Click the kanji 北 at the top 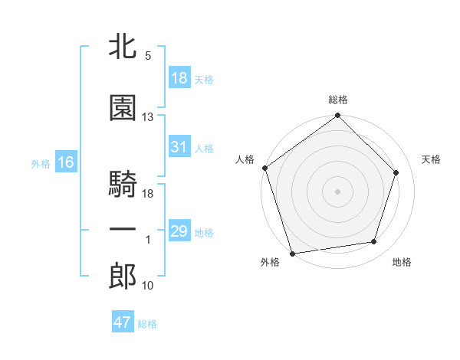coord(123,47)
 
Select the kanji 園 coord(123,108)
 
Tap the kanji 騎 coord(123,185)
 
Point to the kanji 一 coord(123,229)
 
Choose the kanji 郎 coord(123,277)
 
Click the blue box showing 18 coord(179,78)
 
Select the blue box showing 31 coord(179,147)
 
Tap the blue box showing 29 coord(179,231)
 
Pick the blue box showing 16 coord(65,162)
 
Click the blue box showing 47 coord(122,322)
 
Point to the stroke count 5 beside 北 coord(147,56)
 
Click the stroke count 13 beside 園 coord(148,117)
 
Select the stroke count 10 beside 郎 coord(148,286)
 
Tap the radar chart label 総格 coord(337,100)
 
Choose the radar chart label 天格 coord(431,159)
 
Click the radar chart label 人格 coord(245,159)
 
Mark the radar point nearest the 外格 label coord(292,253)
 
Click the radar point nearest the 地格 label coord(374,242)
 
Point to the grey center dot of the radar coord(337,191)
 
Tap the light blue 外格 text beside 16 coord(41,163)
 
